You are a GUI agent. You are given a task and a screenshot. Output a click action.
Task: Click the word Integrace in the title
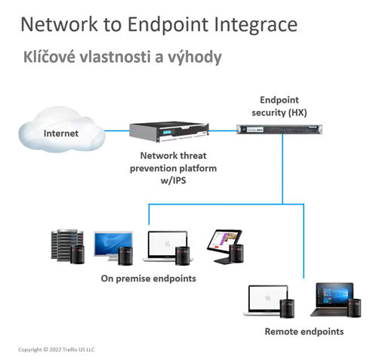click(x=255, y=25)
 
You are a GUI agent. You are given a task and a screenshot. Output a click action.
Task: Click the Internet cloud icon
click(x=61, y=129)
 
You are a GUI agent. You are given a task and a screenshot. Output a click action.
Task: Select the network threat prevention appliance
click(x=169, y=131)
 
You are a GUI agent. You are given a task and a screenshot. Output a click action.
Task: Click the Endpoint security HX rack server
click(x=279, y=129)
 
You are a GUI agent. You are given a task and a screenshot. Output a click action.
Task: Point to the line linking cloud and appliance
click(x=117, y=131)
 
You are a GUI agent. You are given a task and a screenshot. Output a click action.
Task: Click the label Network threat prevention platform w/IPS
click(x=174, y=168)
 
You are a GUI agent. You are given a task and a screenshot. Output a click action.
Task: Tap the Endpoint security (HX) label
click(x=279, y=106)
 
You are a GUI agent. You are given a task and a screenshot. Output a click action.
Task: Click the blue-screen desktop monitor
click(x=113, y=246)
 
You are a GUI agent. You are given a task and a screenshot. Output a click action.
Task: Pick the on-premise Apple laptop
click(x=167, y=247)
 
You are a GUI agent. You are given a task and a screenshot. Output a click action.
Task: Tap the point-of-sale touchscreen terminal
click(x=224, y=246)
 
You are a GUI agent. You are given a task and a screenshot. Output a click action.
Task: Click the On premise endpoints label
click(x=149, y=278)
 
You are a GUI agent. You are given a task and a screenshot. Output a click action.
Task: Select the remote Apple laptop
click(x=267, y=300)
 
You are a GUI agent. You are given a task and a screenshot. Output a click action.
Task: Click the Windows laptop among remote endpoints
click(x=332, y=299)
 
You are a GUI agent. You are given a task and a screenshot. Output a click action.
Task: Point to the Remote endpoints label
click(x=304, y=331)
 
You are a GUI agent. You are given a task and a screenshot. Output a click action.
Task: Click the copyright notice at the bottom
click(x=57, y=349)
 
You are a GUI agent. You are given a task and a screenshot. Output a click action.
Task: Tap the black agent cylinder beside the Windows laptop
click(x=354, y=308)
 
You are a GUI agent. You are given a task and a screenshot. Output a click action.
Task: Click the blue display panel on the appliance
click(x=168, y=132)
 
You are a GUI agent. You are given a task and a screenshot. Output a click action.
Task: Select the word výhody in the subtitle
click(x=194, y=57)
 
